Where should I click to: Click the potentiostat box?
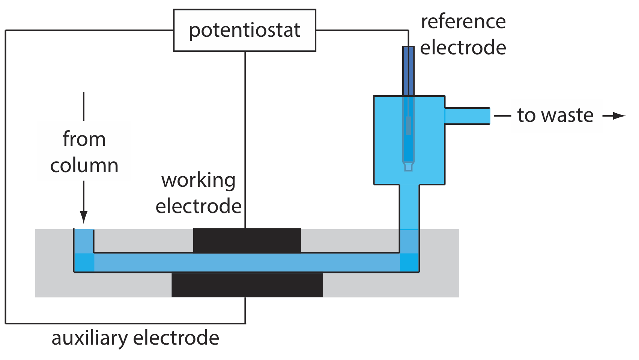point(244,30)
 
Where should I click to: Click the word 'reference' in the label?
point(463,22)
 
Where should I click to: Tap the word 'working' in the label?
point(198,180)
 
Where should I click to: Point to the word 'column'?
point(84,165)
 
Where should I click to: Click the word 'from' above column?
point(84,139)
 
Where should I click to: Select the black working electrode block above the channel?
point(247,240)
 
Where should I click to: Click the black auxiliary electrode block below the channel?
point(247,285)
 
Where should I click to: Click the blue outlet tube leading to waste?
point(467,116)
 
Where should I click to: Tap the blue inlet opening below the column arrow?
point(84,240)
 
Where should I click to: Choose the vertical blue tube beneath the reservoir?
point(409,206)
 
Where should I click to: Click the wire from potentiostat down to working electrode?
point(245,139)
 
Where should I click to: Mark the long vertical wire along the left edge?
point(6,176)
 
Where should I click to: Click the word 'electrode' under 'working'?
point(198,207)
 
